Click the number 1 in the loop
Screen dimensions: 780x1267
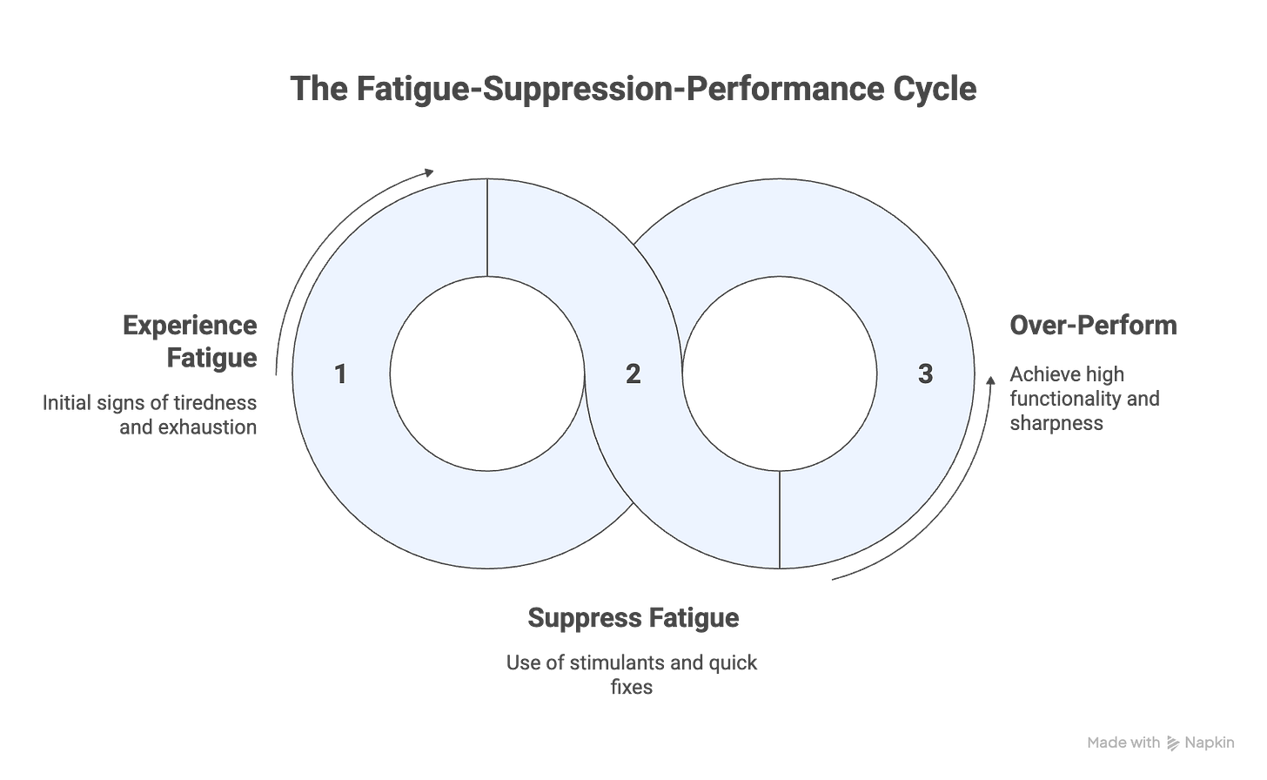(340, 375)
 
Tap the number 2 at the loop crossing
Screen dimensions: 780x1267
(633, 375)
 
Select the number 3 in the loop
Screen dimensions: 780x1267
(925, 375)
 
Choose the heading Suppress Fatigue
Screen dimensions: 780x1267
(633, 618)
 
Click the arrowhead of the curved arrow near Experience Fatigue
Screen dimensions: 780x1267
(430, 170)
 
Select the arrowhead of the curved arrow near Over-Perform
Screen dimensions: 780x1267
(989, 380)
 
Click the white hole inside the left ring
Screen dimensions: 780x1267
(486, 375)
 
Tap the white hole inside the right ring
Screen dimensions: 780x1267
(779, 375)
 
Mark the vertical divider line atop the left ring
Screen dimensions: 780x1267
(486, 228)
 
